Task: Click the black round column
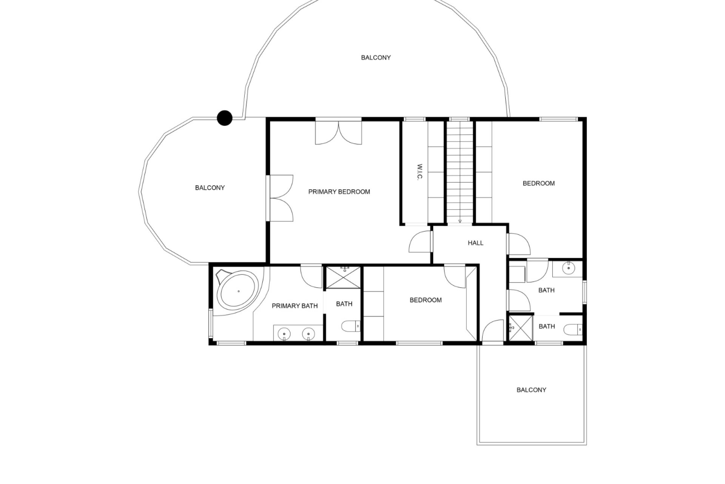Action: click(x=225, y=118)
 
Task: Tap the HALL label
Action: click(x=475, y=243)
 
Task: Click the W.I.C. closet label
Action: click(x=419, y=172)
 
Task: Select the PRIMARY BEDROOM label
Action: click(x=339, y=192)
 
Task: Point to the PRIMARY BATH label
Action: click(x=295, y=306)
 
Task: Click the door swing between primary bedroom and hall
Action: click(x=420, y=242)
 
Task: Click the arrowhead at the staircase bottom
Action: click(x=460, y=221)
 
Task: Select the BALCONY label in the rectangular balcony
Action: click(x=531, y=390)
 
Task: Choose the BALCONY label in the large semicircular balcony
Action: click(x=376, y=57)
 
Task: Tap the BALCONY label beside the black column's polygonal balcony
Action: click(x=210, y=188)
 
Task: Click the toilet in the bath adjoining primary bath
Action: click(x=350, y=326)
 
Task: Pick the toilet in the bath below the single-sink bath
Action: click(x=573, y=330)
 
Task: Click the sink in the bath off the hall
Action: click(x=568, y=268)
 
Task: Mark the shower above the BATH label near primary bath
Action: click(x=343, y=278)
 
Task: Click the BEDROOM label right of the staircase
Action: click(x=539, y=183)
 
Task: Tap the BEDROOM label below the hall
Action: click(x=426, y=300)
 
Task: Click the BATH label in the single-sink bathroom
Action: click(x=546, y=290)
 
